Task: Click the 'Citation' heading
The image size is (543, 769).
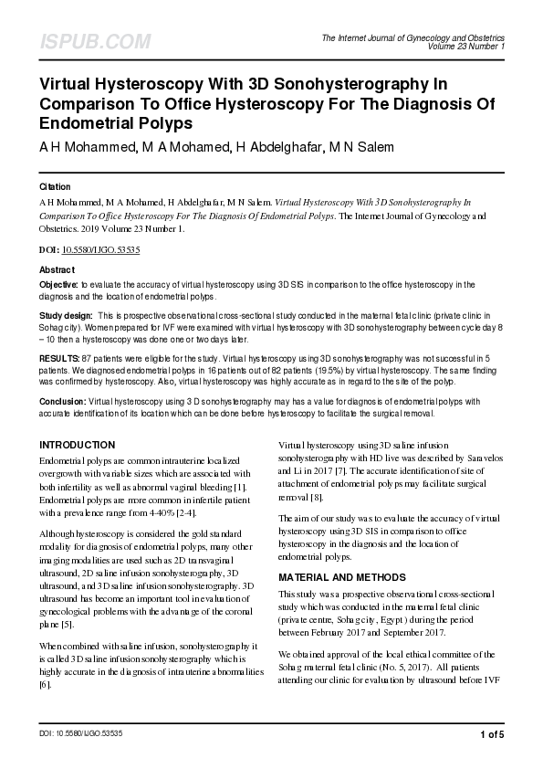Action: pyautogui.click(x=55, y=185)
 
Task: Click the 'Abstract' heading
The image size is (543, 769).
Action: pyautogui.click(x=57, y=270)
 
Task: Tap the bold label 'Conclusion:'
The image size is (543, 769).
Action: pyautogui.click(x=62, y=399)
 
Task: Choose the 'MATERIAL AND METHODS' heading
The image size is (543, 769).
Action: pyautogui.click(x=342, y=577)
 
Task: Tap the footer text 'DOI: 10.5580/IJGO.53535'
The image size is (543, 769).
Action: pyautogui.click(x=81, y=734)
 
